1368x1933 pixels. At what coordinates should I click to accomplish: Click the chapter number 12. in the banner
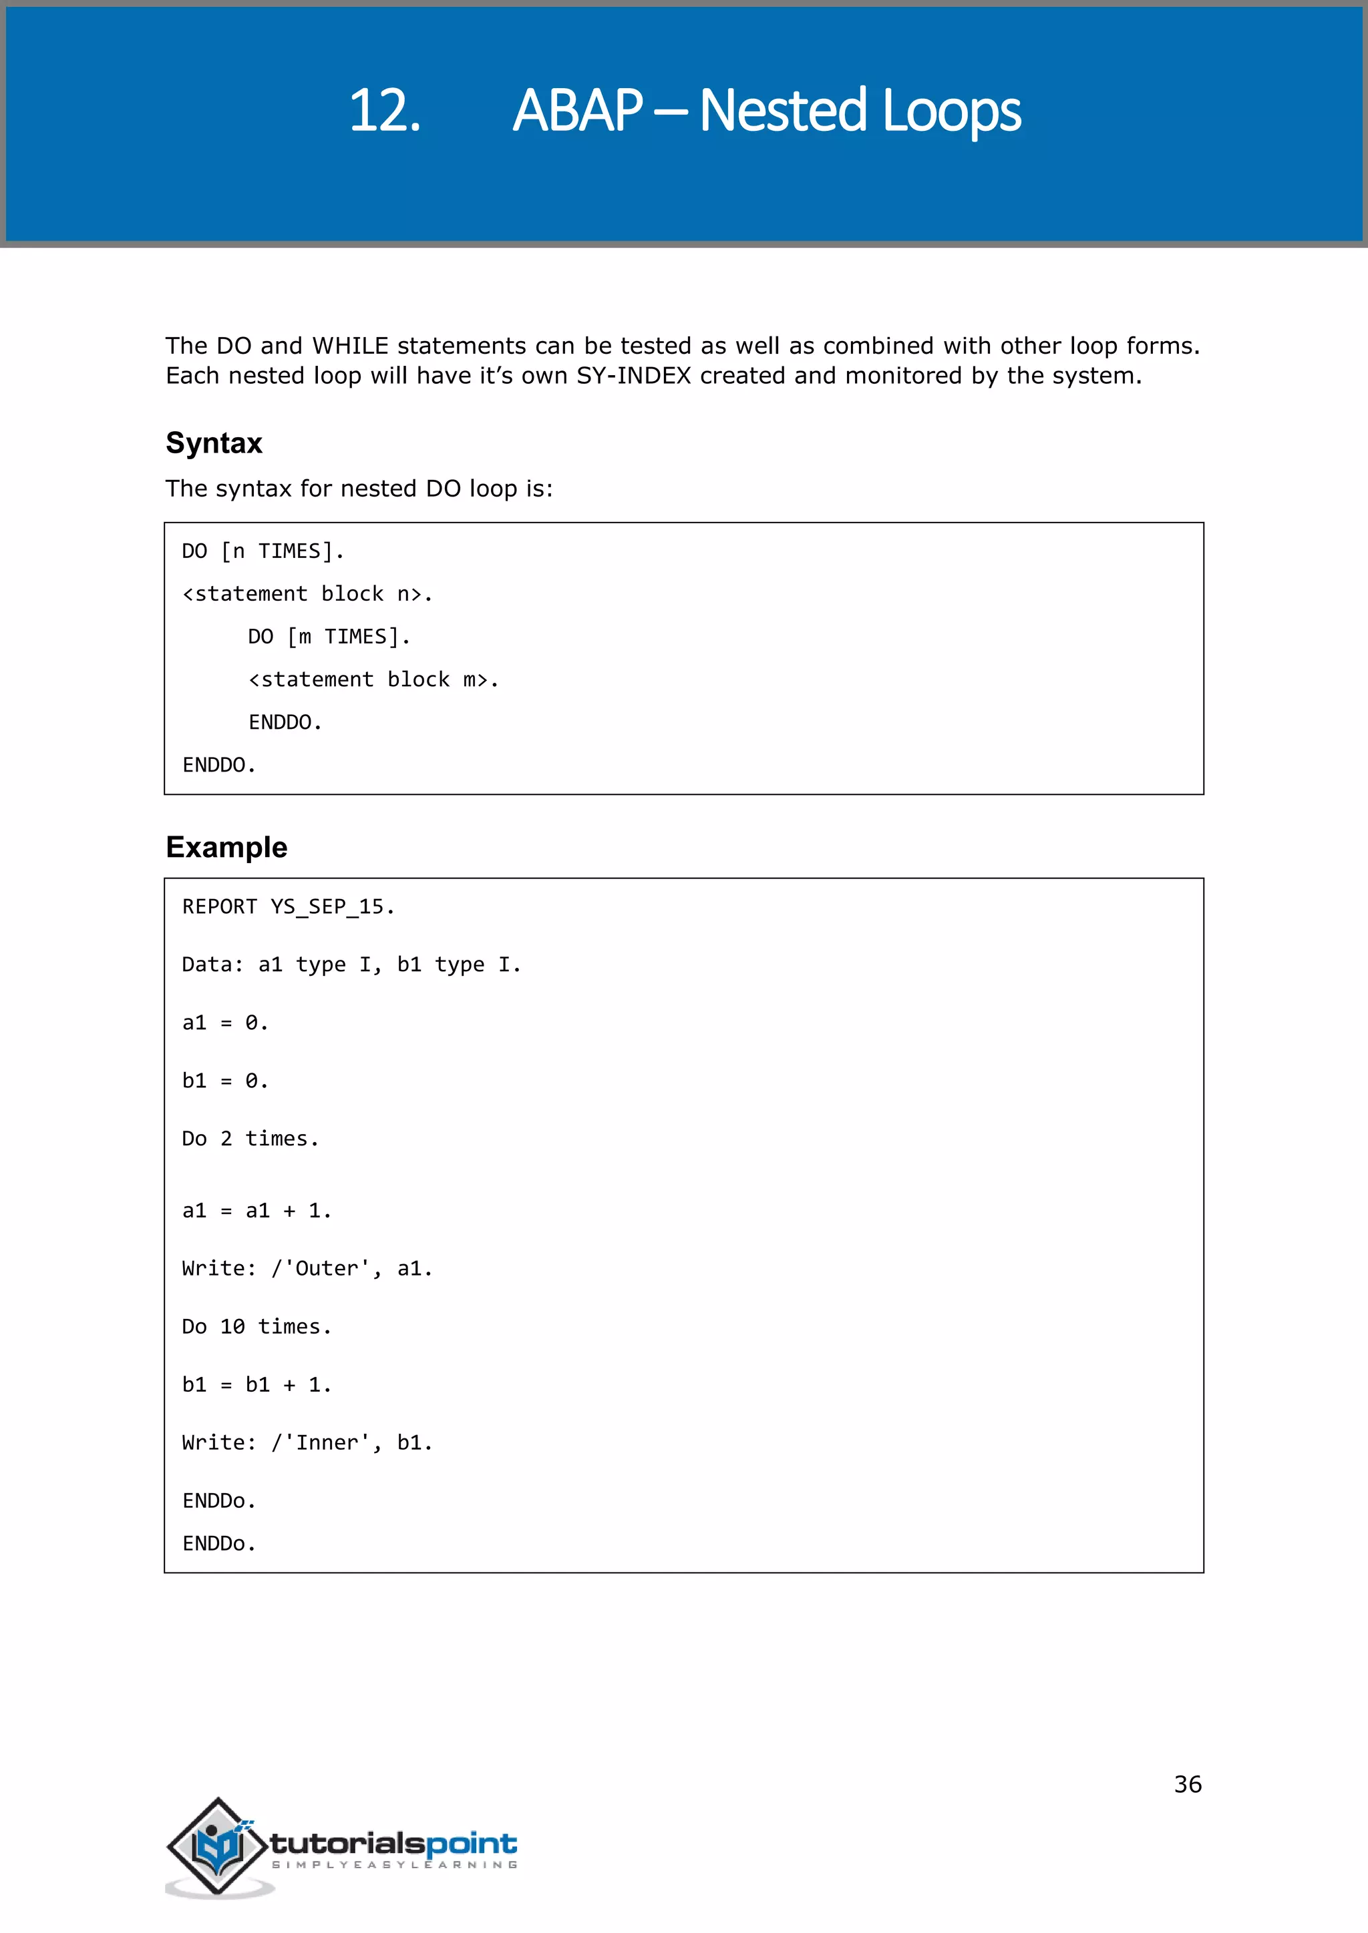click(x=384, y=110)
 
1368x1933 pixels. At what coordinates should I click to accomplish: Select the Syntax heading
click(x=214, y=443)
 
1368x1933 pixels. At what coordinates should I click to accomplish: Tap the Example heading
click(x=226, y=847)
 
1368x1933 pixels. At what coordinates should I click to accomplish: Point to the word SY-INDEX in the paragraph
click(x=633, y=376)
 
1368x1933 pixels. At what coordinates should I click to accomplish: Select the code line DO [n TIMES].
click(x=263, y=551)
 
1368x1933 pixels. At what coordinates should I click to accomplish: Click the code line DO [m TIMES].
click(x=329, y=637)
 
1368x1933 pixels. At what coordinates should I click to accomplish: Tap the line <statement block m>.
click(x=373, y=679)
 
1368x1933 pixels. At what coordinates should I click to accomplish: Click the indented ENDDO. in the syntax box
click(x=285, y=722)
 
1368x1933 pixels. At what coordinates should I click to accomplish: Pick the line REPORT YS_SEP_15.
click(x=288, y=906)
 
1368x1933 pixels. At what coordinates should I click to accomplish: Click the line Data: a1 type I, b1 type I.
click(x=351, y=964)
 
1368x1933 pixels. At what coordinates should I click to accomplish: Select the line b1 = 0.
click(x=225, y=1081)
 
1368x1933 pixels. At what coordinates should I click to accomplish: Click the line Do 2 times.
click(x=250, y=1139)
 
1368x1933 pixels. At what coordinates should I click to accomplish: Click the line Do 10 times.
click(x=257, y=1327)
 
